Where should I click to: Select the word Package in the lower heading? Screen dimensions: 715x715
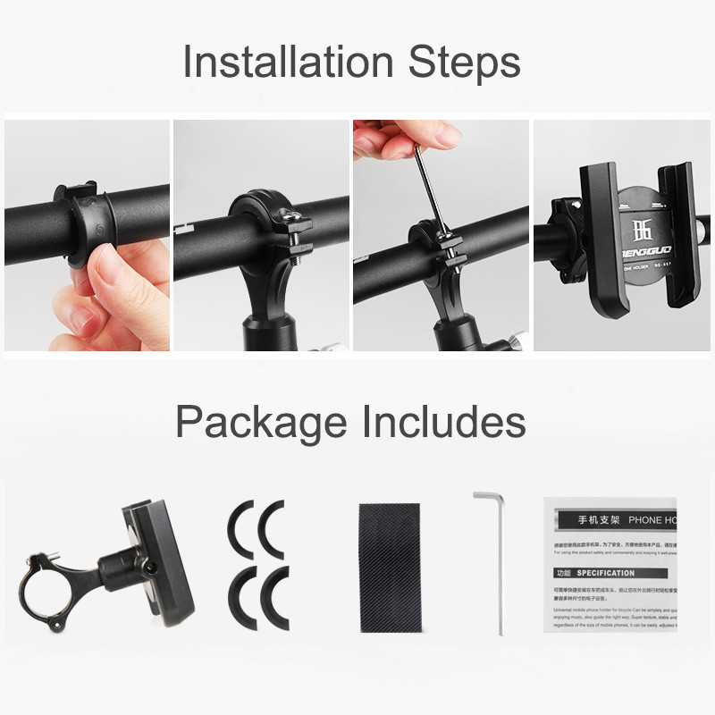tap(260, 421)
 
